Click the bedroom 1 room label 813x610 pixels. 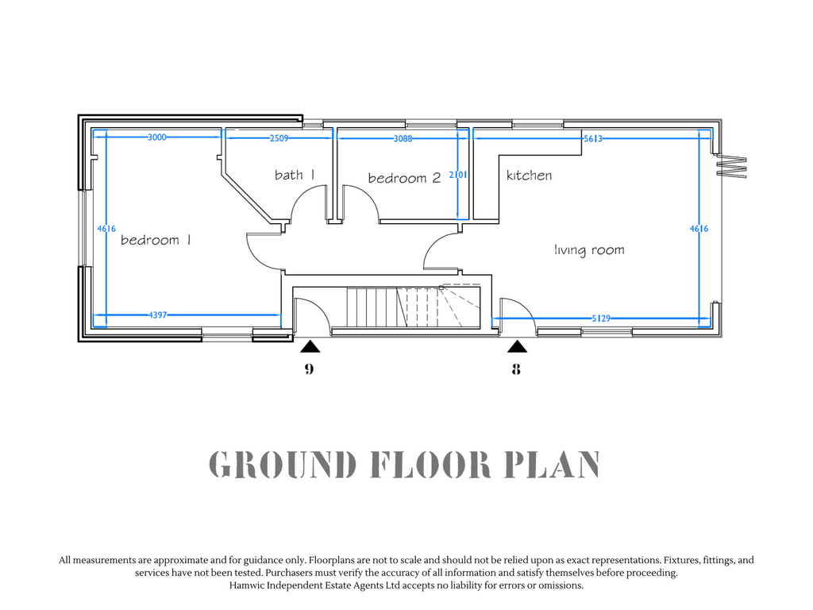pos(156,240)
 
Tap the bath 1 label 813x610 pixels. pos(295,175)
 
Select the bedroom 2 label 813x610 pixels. pos(404,178)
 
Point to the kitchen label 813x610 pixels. pos(529,176)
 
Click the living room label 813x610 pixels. pos(589,250)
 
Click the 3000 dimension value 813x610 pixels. pos(157,137)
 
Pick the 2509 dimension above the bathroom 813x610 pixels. pos(279,138)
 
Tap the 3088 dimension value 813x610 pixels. pos(403,138)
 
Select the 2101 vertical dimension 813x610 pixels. pos(458,175)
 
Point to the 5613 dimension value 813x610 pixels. pos(593,138)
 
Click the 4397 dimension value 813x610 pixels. pos(158,315)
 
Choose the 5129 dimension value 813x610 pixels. pos(601,318)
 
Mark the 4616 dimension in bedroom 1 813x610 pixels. pos(106,228)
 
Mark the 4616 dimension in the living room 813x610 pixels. pos(699,228)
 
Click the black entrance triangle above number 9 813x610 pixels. pos(310,346)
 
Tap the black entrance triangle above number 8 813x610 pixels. pos(517,346)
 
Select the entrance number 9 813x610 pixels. pos(309,369)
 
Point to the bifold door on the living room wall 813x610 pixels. pos(731,166)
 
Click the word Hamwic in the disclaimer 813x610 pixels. pos(247,585)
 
